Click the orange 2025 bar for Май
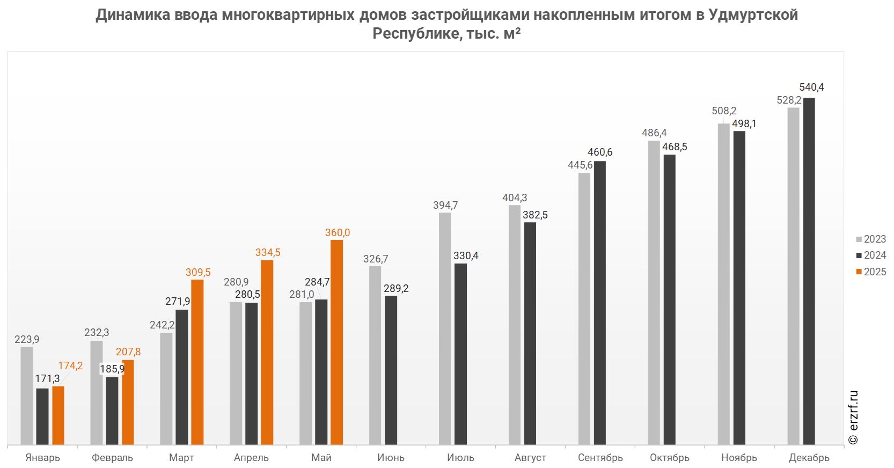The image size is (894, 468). (336, 342)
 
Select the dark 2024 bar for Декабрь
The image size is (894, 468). (809, 271)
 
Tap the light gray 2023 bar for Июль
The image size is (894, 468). (445, 328)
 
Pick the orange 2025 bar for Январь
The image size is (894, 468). (58, 415)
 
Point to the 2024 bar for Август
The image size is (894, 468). (530, 333)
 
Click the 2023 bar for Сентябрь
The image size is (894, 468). (584, 309)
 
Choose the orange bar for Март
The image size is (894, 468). (197, 362)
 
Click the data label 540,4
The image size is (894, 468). (811, 87)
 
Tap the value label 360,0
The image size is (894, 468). (338, 232)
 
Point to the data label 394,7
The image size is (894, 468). (445, 206)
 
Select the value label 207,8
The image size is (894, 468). (128, 352)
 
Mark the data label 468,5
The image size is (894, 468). (675, 147)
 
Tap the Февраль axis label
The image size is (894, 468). (112, 458)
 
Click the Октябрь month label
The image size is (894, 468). (670, 458)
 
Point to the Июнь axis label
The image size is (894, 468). (391, 458)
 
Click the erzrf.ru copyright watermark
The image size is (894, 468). (853, 418)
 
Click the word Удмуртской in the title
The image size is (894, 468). (753, 14)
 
